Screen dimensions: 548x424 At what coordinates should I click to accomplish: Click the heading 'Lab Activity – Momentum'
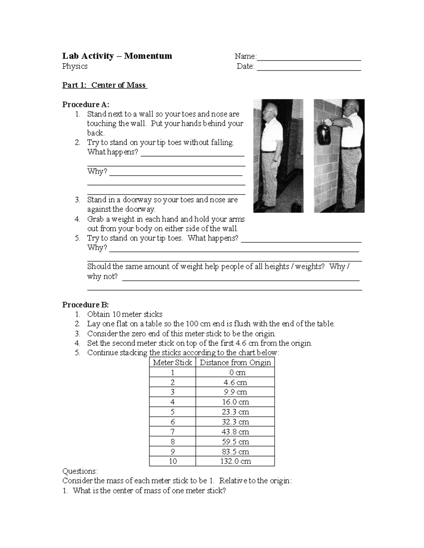coord(117,56)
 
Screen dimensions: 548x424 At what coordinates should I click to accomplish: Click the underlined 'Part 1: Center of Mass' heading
coord(105,85)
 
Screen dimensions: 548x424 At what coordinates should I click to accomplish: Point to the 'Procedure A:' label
coord(86,104)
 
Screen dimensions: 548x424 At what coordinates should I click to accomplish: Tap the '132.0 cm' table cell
coord(235,461)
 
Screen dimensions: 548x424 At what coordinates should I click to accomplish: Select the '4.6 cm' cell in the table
coord(235,382)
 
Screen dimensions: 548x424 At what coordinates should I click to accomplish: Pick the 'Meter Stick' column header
coord(172,362)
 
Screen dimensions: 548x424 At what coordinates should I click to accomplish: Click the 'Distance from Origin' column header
coord(235,362)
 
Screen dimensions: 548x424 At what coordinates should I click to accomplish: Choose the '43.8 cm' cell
coord(235,432)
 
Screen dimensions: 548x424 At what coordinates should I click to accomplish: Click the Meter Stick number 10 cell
coord(172,461)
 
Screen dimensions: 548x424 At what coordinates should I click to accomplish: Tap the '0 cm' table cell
coord(235,372)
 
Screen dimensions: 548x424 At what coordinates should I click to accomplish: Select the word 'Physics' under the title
coord(75,66)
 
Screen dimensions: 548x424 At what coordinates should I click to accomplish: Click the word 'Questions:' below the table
coord(79,471)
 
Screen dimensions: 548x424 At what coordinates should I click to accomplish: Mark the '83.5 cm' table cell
coord(235,451)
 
